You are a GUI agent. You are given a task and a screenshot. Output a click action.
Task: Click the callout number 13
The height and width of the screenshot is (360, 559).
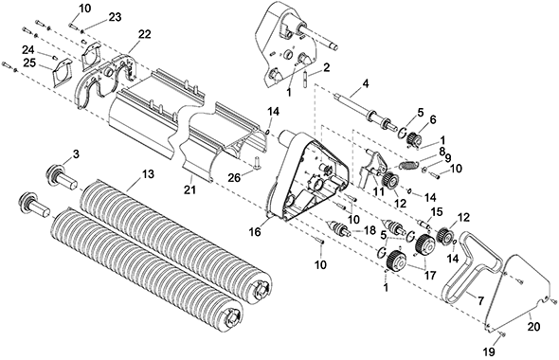pos(148,174)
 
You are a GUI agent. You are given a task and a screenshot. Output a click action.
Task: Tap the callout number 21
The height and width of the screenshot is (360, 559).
pos(190,190)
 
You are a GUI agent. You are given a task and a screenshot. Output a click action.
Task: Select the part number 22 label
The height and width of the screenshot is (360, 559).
pos(145,34)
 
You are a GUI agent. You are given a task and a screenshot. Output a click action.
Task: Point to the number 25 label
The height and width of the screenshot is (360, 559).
pos(30,63)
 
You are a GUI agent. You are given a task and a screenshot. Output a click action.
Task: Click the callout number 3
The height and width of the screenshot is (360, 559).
pos(76,154)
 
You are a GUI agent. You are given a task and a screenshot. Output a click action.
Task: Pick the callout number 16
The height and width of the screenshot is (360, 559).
pos(255,232)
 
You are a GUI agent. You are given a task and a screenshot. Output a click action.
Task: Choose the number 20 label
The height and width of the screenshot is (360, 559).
pos(534,326)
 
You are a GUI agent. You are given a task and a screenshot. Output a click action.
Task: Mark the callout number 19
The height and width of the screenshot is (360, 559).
pos(489,351)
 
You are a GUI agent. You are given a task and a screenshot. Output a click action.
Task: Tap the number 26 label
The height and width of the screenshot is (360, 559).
pos(235,177)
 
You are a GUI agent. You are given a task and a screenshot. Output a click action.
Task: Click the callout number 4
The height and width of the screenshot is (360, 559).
pos(365,83)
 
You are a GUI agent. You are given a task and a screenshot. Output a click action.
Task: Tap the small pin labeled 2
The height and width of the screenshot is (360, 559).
pos(305,80)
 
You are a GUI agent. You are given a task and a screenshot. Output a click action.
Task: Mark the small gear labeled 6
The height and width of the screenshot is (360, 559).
pos(414,138)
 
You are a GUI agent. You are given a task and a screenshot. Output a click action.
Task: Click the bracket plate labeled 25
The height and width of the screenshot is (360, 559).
pos(62,72)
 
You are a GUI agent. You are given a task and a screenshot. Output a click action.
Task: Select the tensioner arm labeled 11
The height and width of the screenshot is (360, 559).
pos(372,168)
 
